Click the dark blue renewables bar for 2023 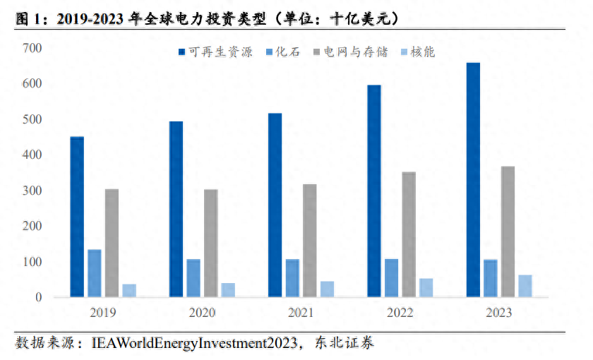(474, 180)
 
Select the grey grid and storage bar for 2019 (112, 243)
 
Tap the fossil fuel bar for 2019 (95, 273)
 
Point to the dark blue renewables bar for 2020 (176, 209)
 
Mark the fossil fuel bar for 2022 (392, 278)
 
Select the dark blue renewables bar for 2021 (275, 205)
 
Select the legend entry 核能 (421, 52)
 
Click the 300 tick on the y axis (33, 191)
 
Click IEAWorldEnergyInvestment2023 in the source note (194, 344)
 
